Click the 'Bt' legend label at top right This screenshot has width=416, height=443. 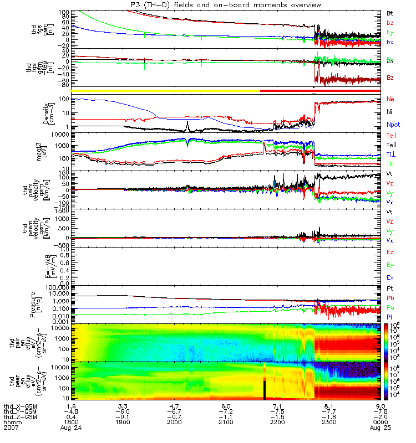tap(389, 12)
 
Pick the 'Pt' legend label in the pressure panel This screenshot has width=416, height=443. tap(389, 289)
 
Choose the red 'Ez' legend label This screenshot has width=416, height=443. tap(390, 252)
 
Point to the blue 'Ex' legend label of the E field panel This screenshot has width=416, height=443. tap(390, 277)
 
